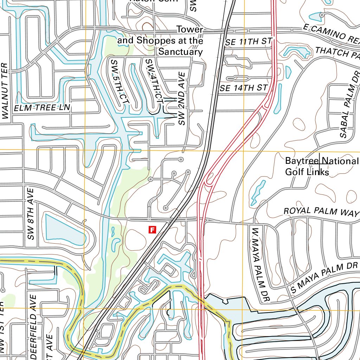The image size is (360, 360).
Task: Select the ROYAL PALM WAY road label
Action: click(x=321, y=211)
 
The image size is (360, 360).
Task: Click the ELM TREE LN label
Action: click(x=42, y=108)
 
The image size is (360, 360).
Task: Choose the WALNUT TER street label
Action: click(x=4, y=91)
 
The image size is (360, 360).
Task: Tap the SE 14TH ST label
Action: click(x=244, y=88)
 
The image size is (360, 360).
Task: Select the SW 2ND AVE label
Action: click(x=181, y=98)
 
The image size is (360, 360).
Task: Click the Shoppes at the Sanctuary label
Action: click(x=160, y=46)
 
